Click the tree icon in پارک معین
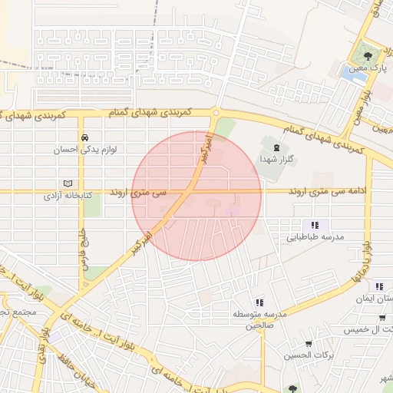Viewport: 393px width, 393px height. click(x=370, y=55)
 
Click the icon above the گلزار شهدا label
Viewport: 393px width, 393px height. click(x=272, y=144)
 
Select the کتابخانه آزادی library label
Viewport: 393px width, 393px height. click(x=68, y=196)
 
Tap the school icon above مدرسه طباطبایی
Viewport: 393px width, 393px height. click(x=315, y=226)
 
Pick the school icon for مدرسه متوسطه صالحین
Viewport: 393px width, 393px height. click(x=259, y=302)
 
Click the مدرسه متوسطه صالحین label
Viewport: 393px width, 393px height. click(x=259, y=320)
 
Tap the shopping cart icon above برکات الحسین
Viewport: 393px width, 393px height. click(x=309, y=343)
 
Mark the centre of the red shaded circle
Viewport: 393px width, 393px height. click(x=196, y=196)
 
